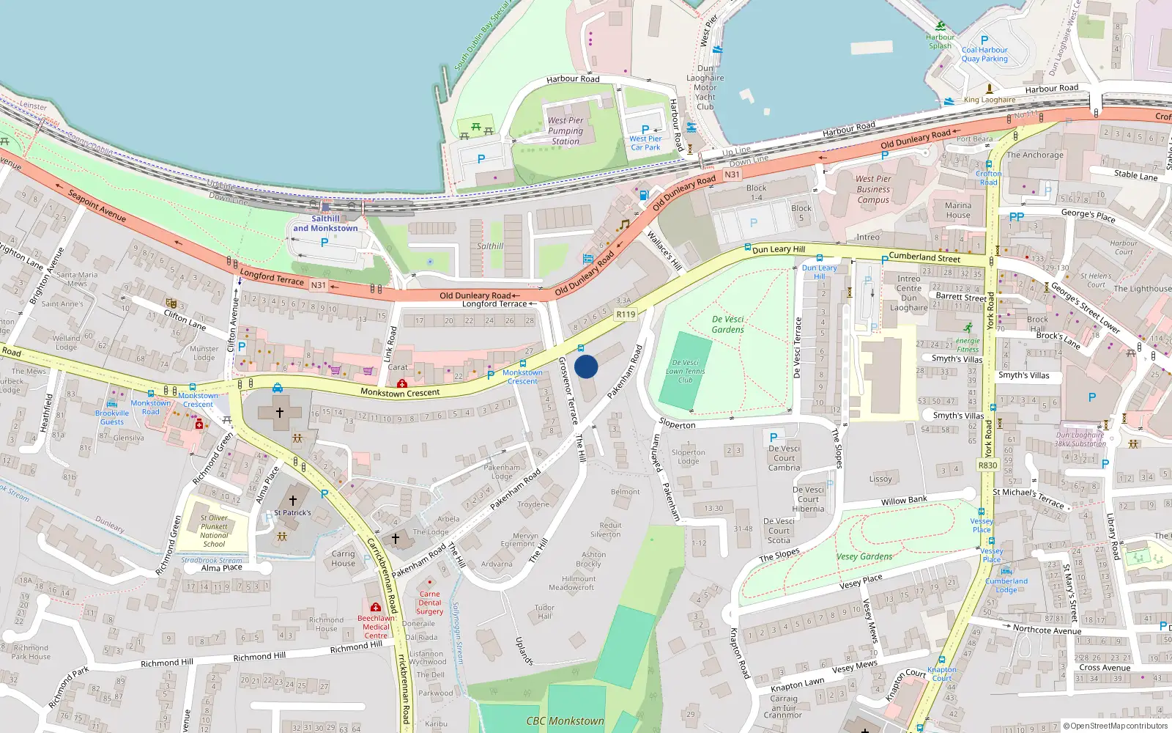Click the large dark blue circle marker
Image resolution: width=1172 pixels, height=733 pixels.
click(586, 366)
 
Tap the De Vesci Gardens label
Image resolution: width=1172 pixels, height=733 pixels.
click(727, 325)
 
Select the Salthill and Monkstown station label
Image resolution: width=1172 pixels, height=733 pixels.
click(325, 224)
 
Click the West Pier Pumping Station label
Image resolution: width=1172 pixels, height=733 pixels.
click(565, 130)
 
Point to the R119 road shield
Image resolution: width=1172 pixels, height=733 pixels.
click(626, 314)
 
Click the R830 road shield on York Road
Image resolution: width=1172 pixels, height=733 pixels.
click(987, 465)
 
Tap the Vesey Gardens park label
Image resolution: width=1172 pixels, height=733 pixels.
click(864, 556)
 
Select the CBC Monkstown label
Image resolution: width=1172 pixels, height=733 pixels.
click(565, 721)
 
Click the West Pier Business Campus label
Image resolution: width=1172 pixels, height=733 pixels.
click(873, 189)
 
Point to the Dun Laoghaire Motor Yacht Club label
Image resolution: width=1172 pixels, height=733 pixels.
click(705, 87)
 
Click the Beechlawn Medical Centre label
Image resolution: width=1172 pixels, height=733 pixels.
click(376, 627)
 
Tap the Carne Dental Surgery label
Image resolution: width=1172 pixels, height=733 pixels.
click(430, 603)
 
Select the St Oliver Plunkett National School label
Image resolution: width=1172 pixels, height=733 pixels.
click(214, 531)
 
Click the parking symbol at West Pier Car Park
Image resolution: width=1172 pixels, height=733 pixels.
click(645, 130)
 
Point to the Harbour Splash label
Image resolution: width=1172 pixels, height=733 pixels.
click(940, 41)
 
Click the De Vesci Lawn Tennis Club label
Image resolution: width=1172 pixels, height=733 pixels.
click(685, 371)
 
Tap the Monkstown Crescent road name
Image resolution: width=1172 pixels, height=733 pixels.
click(400, 393)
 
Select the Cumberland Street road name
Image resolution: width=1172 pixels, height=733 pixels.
click(924, 257)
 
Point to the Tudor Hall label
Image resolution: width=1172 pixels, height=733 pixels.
click(544, 612)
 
